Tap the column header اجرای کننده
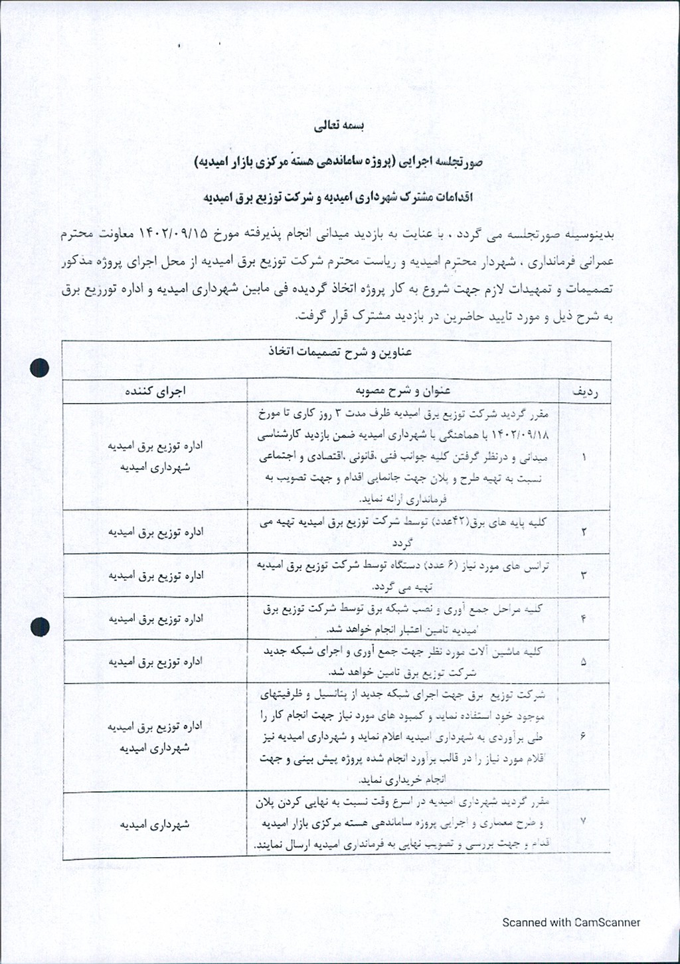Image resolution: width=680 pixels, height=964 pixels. [155, 391]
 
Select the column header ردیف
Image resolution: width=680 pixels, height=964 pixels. [584, 392]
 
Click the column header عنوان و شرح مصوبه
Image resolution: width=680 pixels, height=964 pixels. [403, 390]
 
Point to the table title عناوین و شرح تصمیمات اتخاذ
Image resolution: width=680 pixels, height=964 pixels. [340, 352]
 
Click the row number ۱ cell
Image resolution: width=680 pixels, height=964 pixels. [584, 457]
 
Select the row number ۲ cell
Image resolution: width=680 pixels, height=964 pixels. [584, 532]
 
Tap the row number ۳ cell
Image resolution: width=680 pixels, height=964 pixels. [584, 575]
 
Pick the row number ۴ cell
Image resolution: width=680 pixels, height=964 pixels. [584, 619]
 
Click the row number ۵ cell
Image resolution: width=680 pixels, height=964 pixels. [584, 662]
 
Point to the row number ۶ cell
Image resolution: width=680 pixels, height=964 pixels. [584, 736]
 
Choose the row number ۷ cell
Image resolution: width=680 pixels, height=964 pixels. [584, 821]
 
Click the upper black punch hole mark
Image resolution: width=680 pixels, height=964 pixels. [40, 367]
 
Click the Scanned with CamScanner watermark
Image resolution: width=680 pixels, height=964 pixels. [571, 922]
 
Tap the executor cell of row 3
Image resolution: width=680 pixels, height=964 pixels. [155, 576]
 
